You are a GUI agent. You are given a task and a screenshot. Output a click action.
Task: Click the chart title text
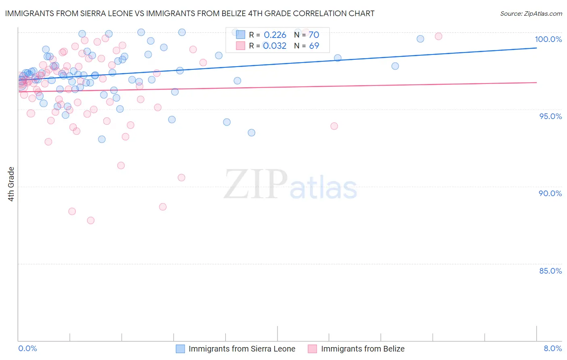(x=190, y=14)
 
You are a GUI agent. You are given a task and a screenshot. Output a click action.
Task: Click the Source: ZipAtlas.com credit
(x=531, y=14)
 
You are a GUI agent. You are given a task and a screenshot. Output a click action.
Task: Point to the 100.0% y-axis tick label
(x=548, y=39)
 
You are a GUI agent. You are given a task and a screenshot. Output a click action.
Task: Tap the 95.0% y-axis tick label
(x=550, y=116)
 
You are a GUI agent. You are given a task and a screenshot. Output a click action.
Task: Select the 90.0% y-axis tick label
(x=550, y=193)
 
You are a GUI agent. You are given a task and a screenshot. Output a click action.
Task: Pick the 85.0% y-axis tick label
(x=550, y=271)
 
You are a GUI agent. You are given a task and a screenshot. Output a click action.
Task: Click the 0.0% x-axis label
(x=27, y=348)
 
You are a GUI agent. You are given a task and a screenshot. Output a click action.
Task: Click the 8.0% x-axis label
(x=552, y=348)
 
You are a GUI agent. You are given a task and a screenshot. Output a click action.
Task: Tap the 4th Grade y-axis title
(x=11, y=184)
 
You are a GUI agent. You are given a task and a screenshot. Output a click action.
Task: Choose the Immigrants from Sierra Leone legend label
(x=242, y=349)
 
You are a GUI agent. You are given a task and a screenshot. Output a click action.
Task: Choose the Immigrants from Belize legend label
(x=363, y=349)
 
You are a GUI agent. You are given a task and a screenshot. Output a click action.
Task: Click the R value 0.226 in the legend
(x=275, y=35)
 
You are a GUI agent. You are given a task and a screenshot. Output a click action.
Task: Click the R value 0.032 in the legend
(x=275, y=46)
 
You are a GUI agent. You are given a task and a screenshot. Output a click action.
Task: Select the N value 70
(x=314, y=35)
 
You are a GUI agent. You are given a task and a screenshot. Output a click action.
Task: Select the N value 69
(x=314, y=46)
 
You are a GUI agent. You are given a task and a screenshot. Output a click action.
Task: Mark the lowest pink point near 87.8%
(x=91, y=220)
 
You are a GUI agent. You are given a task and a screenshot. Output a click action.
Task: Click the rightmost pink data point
(x=438, y=36)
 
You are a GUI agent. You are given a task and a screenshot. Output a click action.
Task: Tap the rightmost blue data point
(x=420, y=39)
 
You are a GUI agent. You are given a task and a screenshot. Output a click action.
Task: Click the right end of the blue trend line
(x=536, y=48)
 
